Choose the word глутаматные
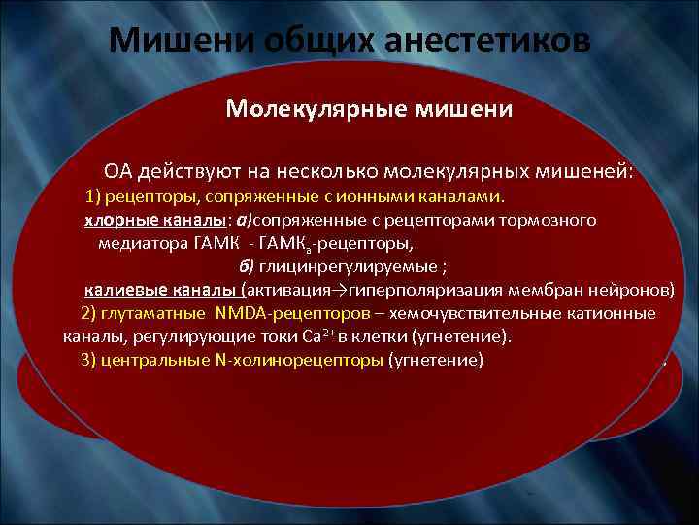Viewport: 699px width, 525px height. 157,314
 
